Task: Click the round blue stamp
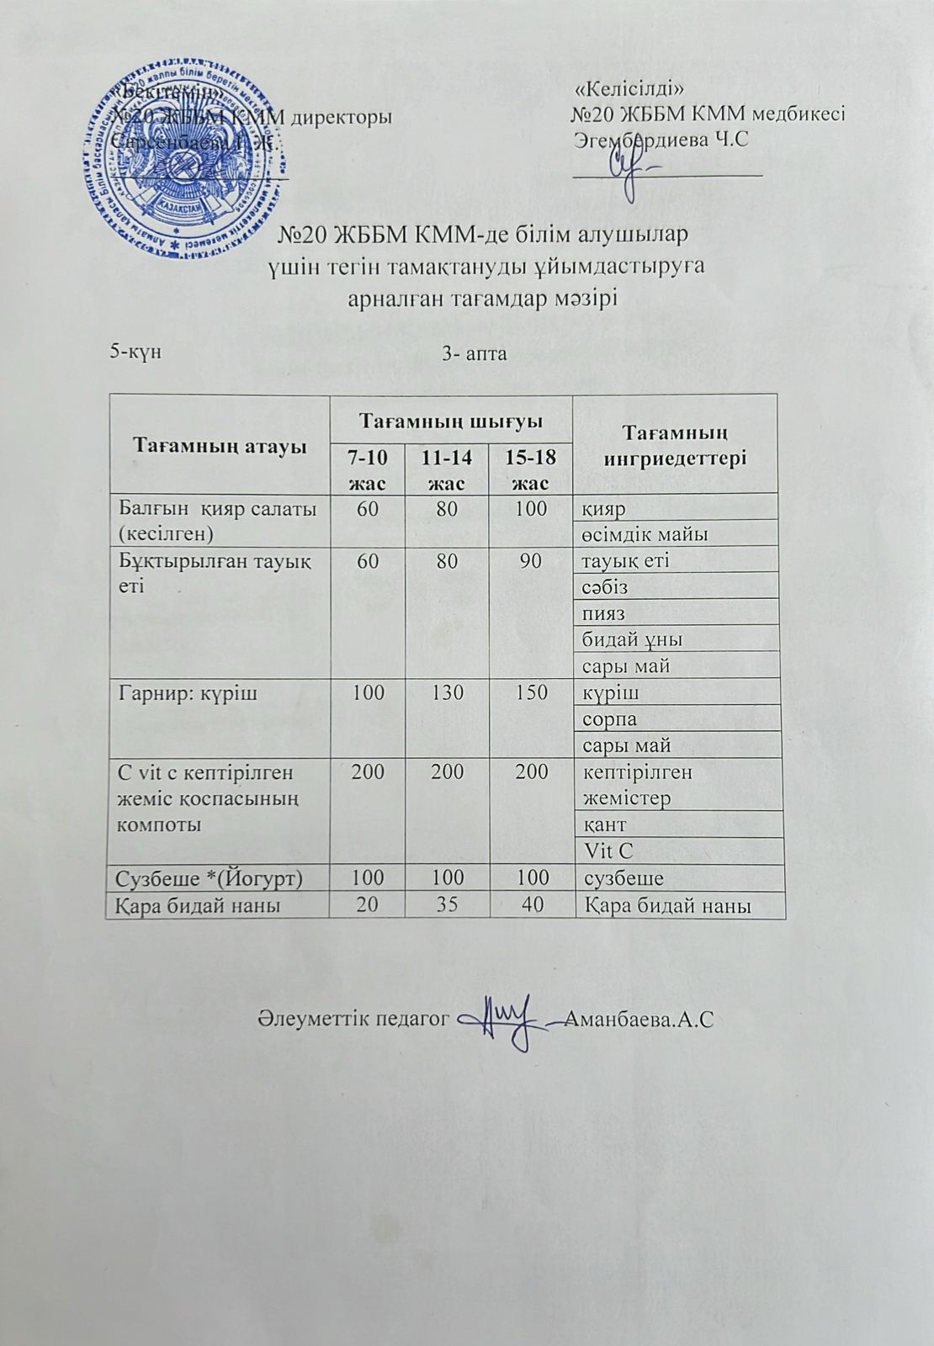182,155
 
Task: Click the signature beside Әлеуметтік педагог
505,1020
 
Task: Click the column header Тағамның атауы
219,445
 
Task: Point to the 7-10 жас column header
368,469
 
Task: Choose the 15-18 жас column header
530,469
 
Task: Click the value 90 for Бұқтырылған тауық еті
530,560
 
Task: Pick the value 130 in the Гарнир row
447,692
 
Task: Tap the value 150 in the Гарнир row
530,692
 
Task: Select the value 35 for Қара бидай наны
447,904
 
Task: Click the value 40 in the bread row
530,904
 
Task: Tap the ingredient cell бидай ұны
633,639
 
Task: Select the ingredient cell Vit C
608,851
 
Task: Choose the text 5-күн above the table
135,352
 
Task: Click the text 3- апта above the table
475,353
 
